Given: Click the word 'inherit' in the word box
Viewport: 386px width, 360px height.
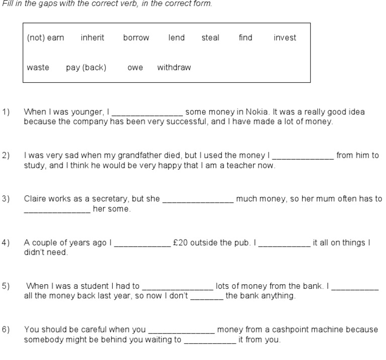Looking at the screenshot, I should [x=92, y=38].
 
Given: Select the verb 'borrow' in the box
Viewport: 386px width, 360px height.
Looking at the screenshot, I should [x=136, y=38].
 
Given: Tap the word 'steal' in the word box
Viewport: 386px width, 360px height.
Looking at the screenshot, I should [x=210, y=38].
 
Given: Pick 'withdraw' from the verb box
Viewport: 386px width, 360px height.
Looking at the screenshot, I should [x=174, y=68].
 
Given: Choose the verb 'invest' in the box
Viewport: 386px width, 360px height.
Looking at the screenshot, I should [x=285, y=38].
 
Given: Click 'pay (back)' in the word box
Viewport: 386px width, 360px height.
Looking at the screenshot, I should [x=86, y=68].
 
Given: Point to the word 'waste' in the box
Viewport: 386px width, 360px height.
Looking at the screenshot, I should [x=38, y=68].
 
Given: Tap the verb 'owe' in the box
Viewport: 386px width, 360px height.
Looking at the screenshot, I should [x=135, y=68].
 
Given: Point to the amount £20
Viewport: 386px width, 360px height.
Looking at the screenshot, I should [x=180, y=243].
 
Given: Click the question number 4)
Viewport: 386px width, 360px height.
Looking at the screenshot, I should [x=6, y=243].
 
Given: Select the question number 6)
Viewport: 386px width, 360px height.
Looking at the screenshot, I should [x=6, y=330].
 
